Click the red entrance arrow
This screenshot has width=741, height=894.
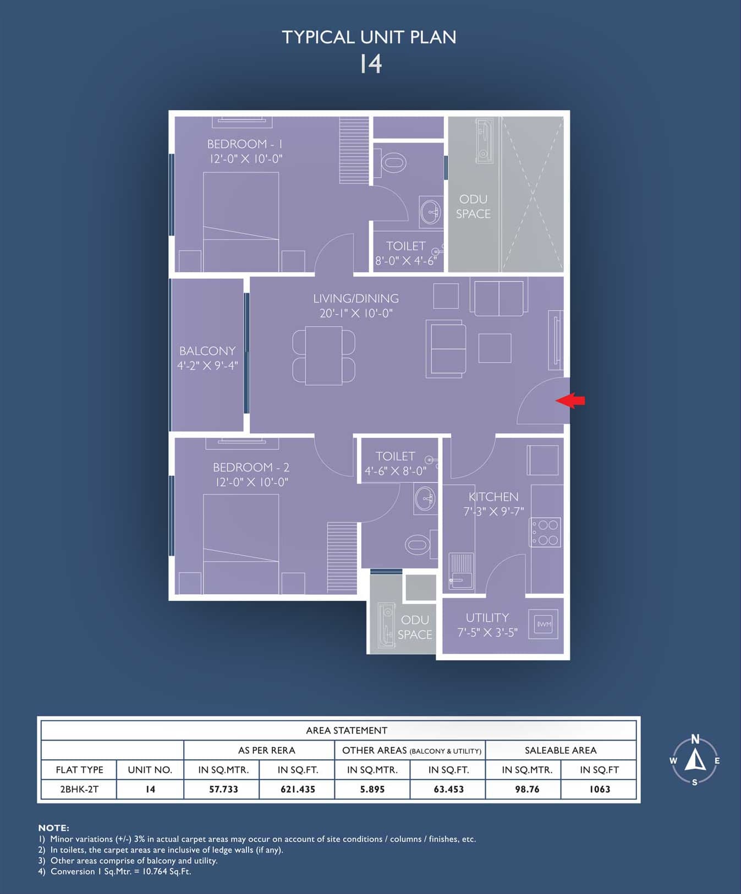click(x=570, y=401)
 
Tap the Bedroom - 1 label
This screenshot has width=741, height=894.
click(x=245, y=144)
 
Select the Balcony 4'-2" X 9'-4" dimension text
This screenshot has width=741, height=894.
click(x=207, y=365)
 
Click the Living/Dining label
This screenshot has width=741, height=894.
click(x=356, y=299)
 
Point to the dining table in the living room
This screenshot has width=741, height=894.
click(x=323, y=355)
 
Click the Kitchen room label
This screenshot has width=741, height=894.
click(x=493, y=497)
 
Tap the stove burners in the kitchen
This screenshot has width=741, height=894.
click(x=545, y=532)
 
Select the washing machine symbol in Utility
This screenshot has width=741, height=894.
click(x=543, y=624)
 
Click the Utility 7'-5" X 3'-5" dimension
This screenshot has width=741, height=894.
click(x=487, y=633)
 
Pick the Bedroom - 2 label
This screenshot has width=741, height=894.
click(x=251, y=468)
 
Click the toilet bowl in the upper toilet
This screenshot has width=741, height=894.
click(x=393, y=162)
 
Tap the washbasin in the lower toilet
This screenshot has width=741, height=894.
click(x=426, y=499)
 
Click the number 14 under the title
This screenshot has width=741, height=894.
click(x=371, y=64)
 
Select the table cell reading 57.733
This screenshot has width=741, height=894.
click(x=223, y=789)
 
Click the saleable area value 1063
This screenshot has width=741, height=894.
click(x=600, y=789)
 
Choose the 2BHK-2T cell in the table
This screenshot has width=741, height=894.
click(x=79, y=789)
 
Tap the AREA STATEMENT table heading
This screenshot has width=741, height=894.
click(x=347, y=731)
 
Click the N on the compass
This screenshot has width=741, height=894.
click(x=695, y=739)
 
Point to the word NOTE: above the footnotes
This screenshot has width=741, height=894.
click(x=53, y=828)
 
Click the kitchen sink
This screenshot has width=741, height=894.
click(x=461, y=571)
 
